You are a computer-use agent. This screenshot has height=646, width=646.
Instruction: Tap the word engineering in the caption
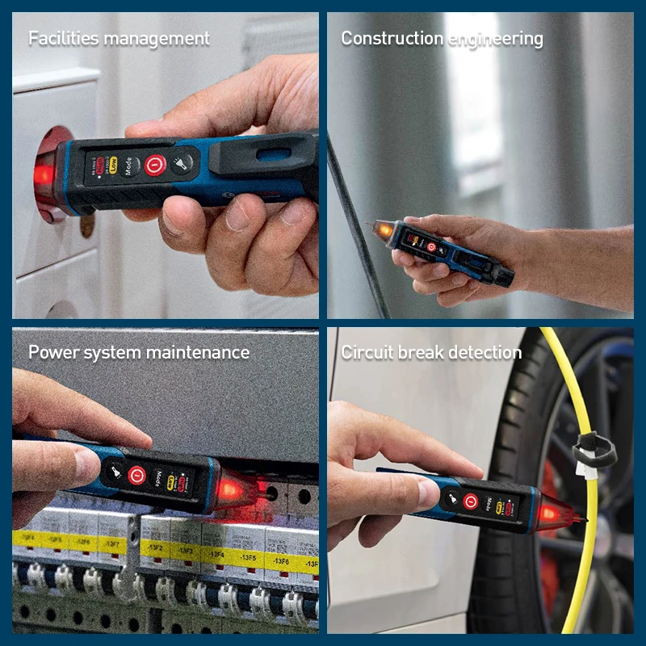[x=494, y=38]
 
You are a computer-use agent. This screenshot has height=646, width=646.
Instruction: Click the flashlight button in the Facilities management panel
[x=185, y=165]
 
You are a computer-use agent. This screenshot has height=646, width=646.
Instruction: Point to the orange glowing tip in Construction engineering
[x=380, y=231]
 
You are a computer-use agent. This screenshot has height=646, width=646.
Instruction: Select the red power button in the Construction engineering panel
[x=430, y=246]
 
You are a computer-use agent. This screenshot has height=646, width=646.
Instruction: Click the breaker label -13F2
[x=153, y=548]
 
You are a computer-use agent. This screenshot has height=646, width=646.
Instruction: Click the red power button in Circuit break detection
[x=470, y=501]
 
